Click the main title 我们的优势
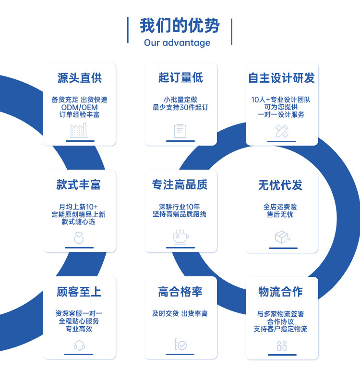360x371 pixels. pyautogui.click(x=180, y=25)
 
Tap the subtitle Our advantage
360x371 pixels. pyautogui.click(x=177, y=43)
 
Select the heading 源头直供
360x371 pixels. pyautogui.click(x=80, y=78)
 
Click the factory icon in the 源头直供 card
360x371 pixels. pyautogui.click(x=79, y=130)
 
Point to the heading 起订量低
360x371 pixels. pyautogui.click(x=180, y=78)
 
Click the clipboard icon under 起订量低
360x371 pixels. pyautogui.click(x=180, y=131)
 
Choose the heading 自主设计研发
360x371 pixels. pyautogui.click(x=282, y=78)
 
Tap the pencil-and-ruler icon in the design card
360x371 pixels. pyautogui.click(x=282, y=131)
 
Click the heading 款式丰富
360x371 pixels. pyautogui.click(x=79, y=185)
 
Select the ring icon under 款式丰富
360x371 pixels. pyautogui.click(x=79, y=237)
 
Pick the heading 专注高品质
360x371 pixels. pyautogui.click(x=180, y=185)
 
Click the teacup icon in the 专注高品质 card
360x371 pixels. pyautogui.click(x=180, y=236)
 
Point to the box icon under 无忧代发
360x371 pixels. pyautogui.click(x=282, y=237)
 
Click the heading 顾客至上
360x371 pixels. pyautogui.click(x=79, y=292)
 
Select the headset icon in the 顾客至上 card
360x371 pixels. pyautogui.click(x=79, y=345)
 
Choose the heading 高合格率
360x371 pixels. pyautogui.click(x=180, y=292)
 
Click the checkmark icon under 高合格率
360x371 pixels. pyautogui.click(x=180, y=345)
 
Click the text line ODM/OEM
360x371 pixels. pyautogui.click(x=80, y=107)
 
